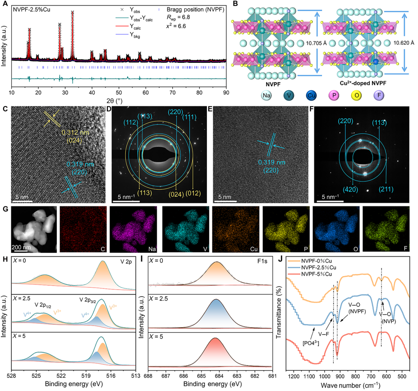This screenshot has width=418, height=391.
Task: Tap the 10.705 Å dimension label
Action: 317,44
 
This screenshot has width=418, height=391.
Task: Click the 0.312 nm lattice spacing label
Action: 75,134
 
